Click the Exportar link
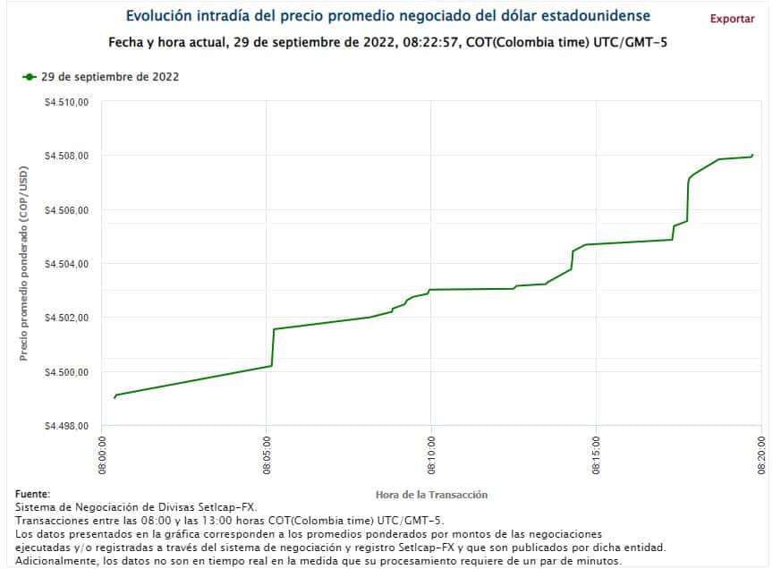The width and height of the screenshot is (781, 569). coord(732,19)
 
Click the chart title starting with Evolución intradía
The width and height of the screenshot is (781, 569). coord(387,16)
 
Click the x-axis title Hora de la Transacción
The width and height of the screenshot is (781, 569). coord(432,495)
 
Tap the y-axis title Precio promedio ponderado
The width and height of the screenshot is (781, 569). coord(25,264)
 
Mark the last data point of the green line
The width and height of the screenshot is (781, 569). coord(752,155)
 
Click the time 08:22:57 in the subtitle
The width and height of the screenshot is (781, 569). coord(432,42)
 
